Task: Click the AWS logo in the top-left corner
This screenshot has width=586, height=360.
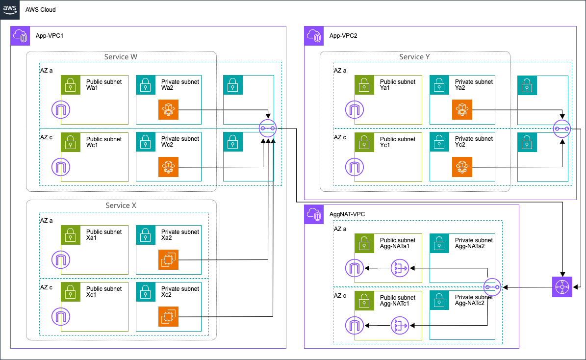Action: tap(10, 9)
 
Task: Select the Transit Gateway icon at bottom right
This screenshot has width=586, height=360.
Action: tap(562, 287)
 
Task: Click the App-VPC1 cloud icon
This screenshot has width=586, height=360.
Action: tap(20, 36)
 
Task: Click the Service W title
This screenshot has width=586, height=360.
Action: tap(121, 57)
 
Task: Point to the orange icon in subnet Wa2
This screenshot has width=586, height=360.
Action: tap(168, 110)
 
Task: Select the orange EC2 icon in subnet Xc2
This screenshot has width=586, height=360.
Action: tap(168, 316)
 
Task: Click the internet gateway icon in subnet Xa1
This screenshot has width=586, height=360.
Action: tap(61, 259)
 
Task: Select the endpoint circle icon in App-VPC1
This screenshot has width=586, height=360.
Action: tap(268, 128)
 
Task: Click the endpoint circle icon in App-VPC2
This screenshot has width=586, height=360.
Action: tap(562, 129)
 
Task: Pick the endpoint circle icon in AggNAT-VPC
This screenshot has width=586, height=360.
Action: tap(492, 287)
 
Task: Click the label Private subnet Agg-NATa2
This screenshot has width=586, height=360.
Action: tap(474, 243)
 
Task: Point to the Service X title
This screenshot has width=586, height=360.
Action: tap(121, 206)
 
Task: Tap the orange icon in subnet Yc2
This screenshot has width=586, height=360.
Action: tap(462, 167)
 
